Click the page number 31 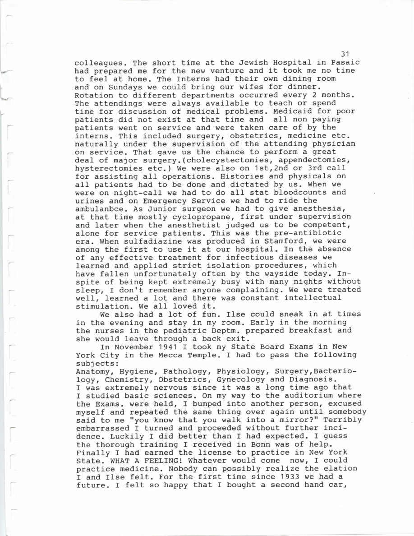pyautogui.click(x=346, y=54)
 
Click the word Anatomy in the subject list pyautogui.click(x=89, y=371)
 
